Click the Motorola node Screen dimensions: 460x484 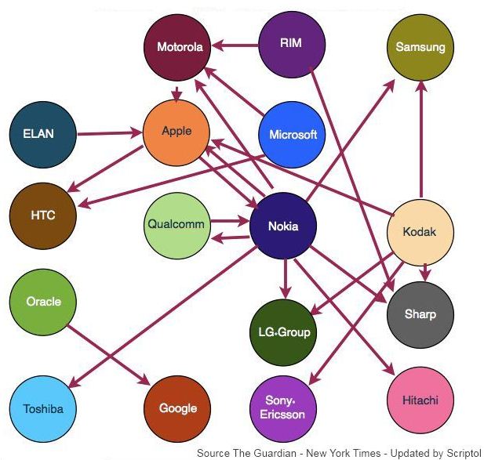[x=180, y=47]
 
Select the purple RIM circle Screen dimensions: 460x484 [x=291, y=43]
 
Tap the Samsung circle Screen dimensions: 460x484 [x=420, y=47]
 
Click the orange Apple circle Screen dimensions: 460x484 [x=176, y=132]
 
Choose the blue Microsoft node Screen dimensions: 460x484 [x=292, y=134]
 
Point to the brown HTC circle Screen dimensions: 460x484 [x=43, y=214]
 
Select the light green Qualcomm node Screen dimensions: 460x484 [x=176, y=225]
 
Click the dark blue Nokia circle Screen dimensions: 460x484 [x=282, y=227]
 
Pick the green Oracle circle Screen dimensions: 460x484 [x=43, y=302]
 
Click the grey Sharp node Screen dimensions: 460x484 [x=420, y=314]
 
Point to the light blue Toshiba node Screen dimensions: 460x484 [x=43, y=408]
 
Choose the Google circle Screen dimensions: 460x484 [x=177, y=408]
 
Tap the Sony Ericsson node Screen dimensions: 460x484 [x=282, y=407]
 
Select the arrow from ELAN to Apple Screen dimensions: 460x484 [x=110, y=133]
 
